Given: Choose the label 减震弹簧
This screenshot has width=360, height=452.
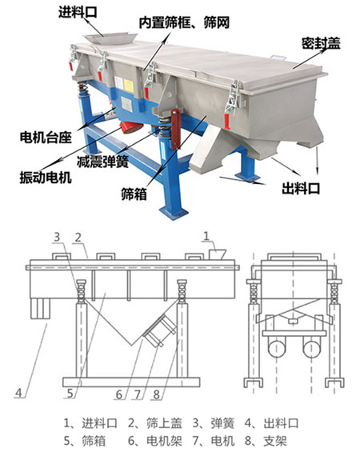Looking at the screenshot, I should click(x=102, y=160).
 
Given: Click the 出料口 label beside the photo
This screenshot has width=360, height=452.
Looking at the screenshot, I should click(x=302, y=189).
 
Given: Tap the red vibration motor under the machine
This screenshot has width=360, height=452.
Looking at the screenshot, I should click(x=132, y=128).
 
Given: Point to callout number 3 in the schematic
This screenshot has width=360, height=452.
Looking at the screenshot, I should click(x=58, y=236).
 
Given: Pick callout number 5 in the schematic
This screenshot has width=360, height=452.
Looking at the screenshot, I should click(x=71, y=392).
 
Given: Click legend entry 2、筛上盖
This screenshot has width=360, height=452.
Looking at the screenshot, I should click(x=153, y=422).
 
